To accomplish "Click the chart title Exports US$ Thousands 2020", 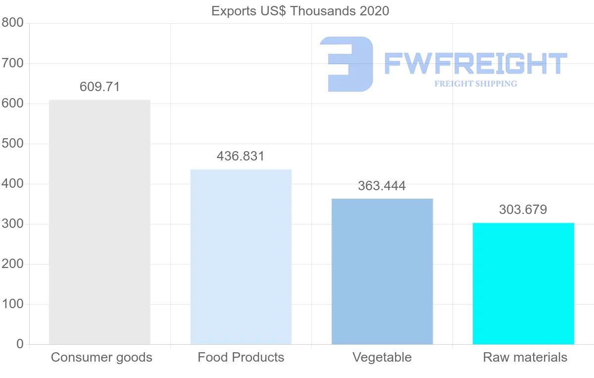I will click(x=300, y=11).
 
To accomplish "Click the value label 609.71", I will click(x=99, y=87).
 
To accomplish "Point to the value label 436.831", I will click(x=241, y=157).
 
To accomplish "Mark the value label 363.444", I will click(x=382, y=186).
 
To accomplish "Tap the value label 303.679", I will click(x=523, y=210).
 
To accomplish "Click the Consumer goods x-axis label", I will click(x=101, y=357).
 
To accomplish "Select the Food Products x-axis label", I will click(x=241, y=357).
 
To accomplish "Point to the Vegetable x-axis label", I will click(x=382, y=357).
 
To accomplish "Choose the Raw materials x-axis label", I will click(x=525, y=357).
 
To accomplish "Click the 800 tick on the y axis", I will click(x=13, y=23).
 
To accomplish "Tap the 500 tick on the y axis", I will click(x=13, y=144).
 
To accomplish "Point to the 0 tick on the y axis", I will click(x=20, y=344).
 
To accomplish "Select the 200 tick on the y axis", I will click(x=13, y=264).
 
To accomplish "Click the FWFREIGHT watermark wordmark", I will click(x=475, y=63).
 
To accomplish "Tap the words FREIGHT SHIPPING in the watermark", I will click(x=476, y=84).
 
